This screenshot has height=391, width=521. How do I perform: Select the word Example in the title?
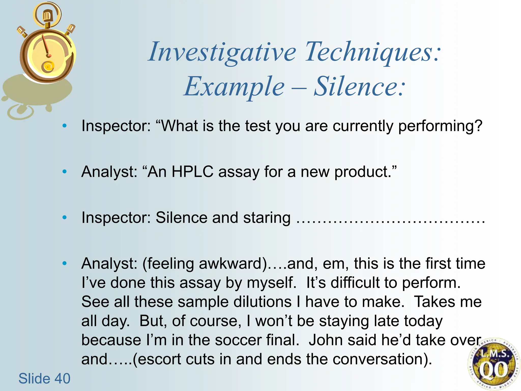point(234,87)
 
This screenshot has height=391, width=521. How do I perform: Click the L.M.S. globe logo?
point(493,364)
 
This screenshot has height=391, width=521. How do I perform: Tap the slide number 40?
point(63,378)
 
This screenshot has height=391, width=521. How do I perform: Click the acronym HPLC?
point(192,172)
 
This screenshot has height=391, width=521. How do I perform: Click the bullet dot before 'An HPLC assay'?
point(65,172)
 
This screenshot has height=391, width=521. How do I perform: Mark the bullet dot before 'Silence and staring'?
point(65,217)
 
